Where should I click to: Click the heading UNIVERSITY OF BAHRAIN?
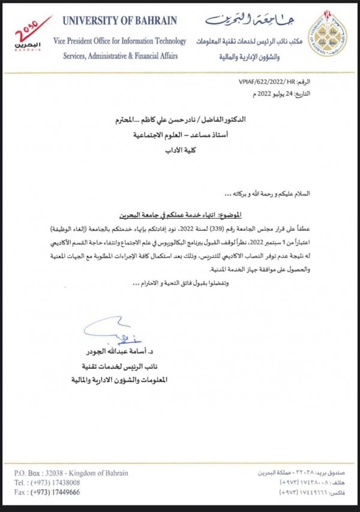point(120,21)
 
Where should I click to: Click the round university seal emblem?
point(327,33)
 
